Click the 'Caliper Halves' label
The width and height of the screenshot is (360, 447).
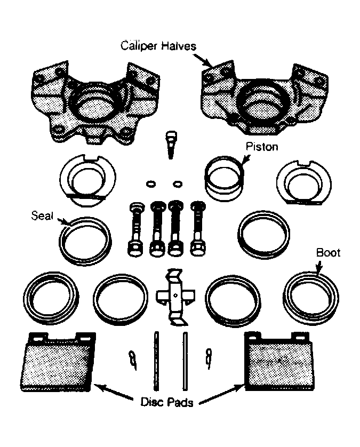tap(158, 46)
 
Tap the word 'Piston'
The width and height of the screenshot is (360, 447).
tap(262, 147)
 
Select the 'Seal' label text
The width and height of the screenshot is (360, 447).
tap(42, 215)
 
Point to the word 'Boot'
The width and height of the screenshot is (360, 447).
tap(328, 253)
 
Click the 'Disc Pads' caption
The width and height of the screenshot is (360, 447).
tap(167, 402)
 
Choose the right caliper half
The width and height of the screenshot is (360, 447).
tap(265, 98)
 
